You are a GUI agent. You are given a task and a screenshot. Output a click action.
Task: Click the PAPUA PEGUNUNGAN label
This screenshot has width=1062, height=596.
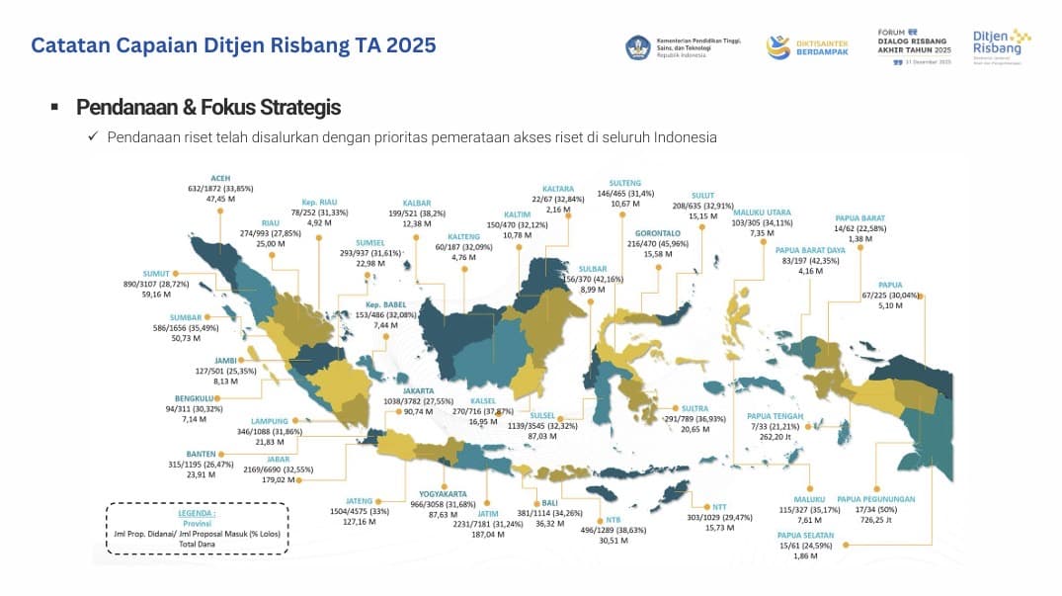coord(876,499)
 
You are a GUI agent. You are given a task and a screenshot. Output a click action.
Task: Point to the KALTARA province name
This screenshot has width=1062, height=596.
coord(558,188)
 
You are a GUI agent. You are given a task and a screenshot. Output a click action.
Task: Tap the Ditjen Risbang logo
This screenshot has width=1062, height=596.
coord(1001,46)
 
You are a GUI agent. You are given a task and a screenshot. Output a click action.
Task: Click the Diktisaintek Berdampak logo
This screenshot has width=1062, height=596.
coord(804,46)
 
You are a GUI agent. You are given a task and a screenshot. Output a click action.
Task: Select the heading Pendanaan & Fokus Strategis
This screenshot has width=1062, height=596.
coord(208,107)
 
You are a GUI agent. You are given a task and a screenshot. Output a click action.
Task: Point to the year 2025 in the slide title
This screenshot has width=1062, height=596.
coord(411,44)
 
